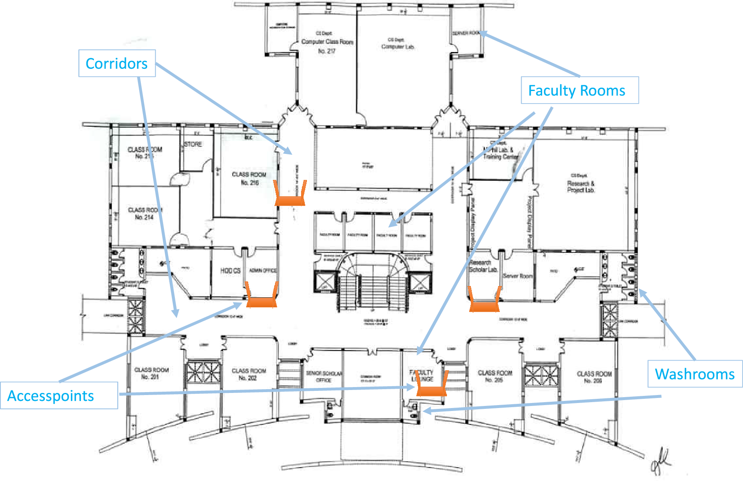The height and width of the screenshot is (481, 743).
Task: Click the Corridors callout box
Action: click(117, 63)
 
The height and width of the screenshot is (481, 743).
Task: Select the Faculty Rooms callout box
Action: click(579, 90)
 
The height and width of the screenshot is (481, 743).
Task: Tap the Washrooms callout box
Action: click(694, 374)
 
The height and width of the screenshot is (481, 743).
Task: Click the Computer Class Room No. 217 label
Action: click(327, 42)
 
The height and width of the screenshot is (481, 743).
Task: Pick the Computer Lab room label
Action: click(397, 44)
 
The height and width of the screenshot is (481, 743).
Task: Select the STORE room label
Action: click(193, 144)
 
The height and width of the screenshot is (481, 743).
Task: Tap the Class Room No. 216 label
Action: click(249, 178)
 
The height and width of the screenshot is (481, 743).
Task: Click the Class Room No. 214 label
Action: click(145, 213)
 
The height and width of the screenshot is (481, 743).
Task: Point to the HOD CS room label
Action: click(230, 271)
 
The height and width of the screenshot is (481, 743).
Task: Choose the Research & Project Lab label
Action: click(581, 185)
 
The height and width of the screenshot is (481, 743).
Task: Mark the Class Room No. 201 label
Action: click(151, 373)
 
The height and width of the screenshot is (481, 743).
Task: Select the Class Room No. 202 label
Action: click(249, 374)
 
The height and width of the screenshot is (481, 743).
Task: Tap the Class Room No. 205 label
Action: click(495, 376)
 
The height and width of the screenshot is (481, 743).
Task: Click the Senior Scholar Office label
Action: click(324, 377)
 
